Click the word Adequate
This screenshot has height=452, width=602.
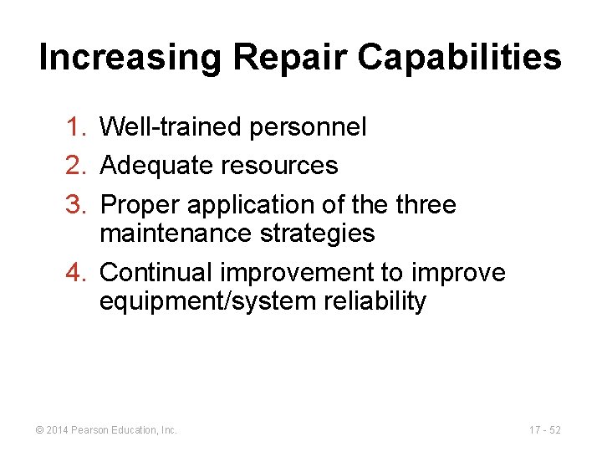(156, 166)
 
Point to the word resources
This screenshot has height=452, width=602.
(279, 166)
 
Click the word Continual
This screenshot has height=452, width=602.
(156, 273)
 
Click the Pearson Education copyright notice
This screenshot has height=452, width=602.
(105, 430)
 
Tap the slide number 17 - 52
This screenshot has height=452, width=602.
(544, 430)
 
